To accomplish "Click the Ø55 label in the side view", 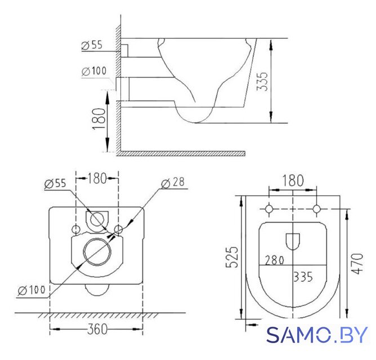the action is pyautogui.click(x=92, y=45).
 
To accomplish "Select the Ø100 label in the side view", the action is pyautogui.click(x=94, y=71).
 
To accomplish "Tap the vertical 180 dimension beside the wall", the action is pyautogui.click(x=99, y=119).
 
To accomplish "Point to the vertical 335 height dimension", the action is pyautogui.click(x=262, y=81).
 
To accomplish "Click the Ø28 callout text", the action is pyautogui.click(x=173, y=183).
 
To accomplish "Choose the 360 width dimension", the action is pyautogui.click(x=97, y=329).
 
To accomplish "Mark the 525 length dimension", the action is pyautogui.click(x=232, y=256).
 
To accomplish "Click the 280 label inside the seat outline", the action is pyautogui.click(x=275, y=260).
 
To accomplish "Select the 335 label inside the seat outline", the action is pyautogui.click(x=303, y=277).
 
